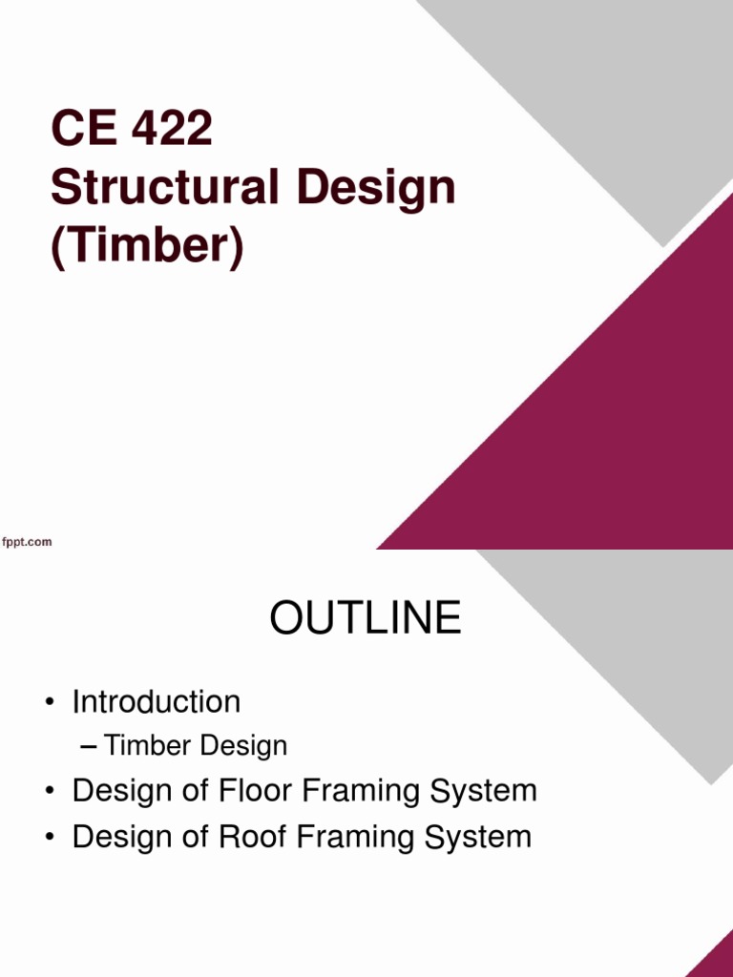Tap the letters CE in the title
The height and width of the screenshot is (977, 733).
[x=83, y=130]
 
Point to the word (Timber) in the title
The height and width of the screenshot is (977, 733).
[x=147, y=247]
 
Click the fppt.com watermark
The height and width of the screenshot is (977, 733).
[x=27, y=542]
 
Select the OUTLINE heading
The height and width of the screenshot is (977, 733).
[x=366, y=619]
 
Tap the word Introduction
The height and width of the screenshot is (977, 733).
[x=157, y=702]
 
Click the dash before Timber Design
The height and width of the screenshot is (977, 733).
[x=88, y=746]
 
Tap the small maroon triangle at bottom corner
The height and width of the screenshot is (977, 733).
[x=716, y=959]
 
